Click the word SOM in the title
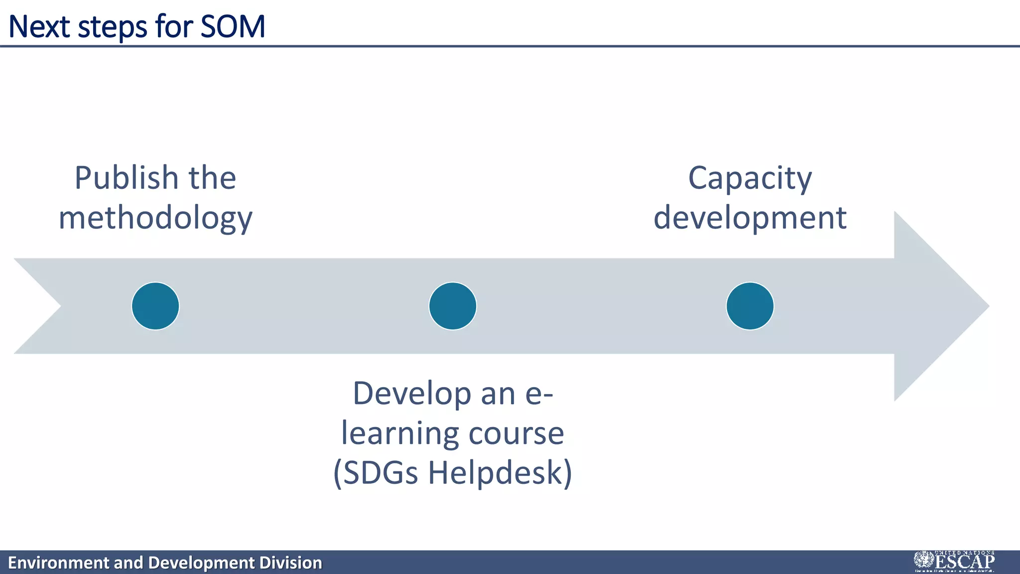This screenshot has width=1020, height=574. tap(233, 26)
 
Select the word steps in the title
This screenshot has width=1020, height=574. tap(113, 27)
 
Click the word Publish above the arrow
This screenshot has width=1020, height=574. tap(127, 178)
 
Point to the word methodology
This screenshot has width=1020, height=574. tap(155, 219)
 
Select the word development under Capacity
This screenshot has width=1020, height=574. tap(750, 218)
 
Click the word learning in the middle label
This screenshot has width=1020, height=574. tap(400, 433)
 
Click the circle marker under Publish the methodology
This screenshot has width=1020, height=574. tap(155, 306)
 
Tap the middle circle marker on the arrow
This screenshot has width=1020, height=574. tap(453, 306)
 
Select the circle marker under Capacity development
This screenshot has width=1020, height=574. tap(750, 306)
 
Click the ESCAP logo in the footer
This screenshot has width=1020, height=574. tap(954, 562)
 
